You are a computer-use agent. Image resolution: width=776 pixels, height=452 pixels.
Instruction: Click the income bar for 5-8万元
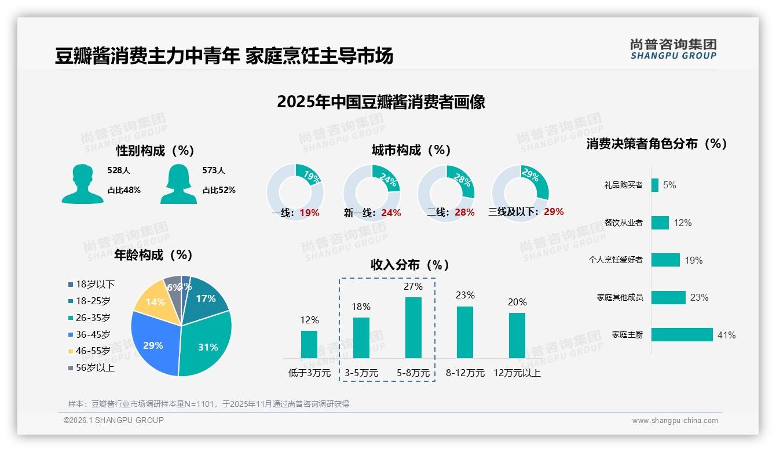(x=413, y=327)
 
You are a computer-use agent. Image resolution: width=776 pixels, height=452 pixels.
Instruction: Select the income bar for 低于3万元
(x=309, y=344)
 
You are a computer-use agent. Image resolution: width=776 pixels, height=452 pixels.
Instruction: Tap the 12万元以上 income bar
(x=517, y=336)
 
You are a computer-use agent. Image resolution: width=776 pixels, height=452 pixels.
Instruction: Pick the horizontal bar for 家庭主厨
(x=682, y=335)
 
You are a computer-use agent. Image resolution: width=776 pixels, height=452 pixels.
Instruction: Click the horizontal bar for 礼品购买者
(x=654, y=185)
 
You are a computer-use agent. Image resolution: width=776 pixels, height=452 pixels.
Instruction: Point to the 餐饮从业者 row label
(x=623, y=223)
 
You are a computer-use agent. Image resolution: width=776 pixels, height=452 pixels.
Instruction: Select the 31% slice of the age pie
(x=206, y=345)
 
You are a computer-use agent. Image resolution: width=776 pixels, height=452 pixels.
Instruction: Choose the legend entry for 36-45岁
(x=93, y=334)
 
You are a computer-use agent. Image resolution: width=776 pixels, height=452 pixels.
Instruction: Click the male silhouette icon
(x=82, y=184)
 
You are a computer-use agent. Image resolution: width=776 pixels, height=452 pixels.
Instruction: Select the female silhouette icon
(x=178, y=184)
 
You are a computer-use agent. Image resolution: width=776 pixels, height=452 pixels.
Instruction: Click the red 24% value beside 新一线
(x=391, y=213)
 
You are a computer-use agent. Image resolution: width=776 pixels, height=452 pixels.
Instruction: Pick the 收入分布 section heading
(x=410, y=265)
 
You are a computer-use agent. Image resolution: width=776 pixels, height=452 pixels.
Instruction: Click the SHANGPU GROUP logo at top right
(x=673, y=49)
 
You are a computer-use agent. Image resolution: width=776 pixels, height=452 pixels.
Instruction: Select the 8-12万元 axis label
(x=465, y=373)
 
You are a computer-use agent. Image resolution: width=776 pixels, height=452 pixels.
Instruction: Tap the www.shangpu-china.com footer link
(x=675, y=421)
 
